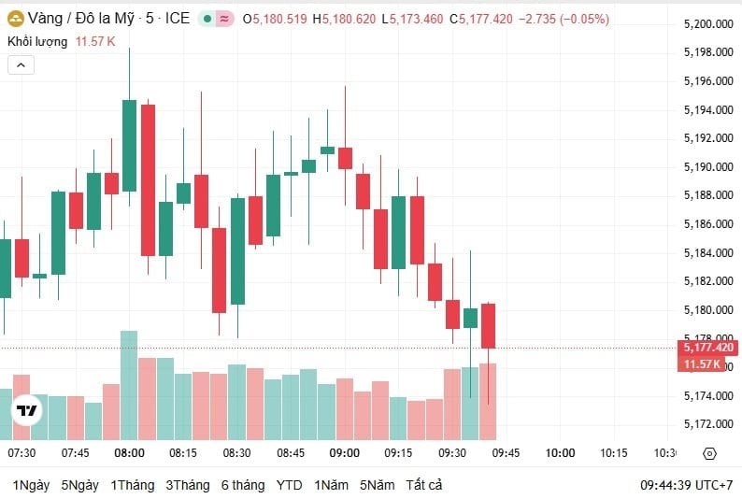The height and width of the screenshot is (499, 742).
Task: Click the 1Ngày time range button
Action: pos(31,485)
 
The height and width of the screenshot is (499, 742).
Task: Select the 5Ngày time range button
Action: pos(80,485)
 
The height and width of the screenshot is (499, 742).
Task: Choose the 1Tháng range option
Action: pos(132,485)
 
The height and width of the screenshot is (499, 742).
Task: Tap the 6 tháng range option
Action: pos(242,485)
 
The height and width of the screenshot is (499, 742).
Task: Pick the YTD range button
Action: pos(290,485)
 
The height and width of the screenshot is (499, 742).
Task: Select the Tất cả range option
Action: pos(424,485)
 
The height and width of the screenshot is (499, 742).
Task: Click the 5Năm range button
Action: pos(378,485)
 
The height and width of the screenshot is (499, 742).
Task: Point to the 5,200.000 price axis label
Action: pos(706,23)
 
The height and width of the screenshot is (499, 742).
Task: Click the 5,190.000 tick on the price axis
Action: pos(706,166)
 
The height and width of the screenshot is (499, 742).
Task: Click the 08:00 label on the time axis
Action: pos(129,453)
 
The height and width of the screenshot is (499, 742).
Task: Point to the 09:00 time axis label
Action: pos(345,453)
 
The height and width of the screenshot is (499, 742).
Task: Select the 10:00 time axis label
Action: pos(560,453)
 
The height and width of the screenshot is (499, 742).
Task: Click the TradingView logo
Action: pos(27,410)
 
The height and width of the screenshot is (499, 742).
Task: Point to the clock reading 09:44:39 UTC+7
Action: pos(687,485)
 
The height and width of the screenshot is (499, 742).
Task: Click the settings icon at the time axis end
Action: pos(708,453)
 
